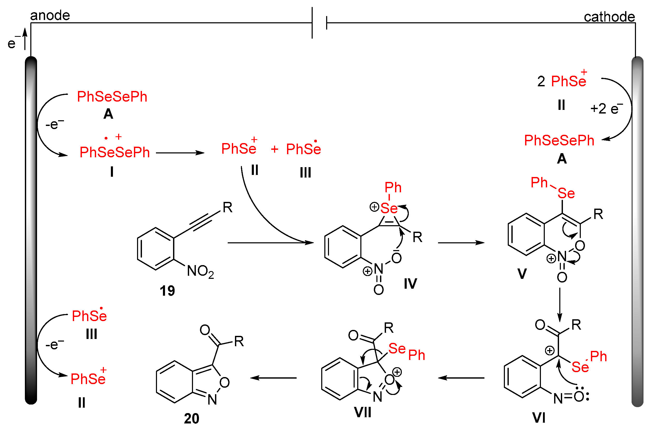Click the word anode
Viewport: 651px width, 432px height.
point(50,16)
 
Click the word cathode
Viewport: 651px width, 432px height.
point(609,17)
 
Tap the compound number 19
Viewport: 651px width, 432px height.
point(167,291)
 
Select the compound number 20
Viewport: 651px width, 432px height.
point(191,419)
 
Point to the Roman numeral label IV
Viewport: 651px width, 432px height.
point(410,284)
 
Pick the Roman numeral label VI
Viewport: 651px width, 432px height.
point(539,418)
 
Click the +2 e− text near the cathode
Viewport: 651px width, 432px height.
point(606,109)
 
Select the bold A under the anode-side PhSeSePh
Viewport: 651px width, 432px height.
point(108,114)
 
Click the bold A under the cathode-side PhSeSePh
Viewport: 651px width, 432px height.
point(562,159)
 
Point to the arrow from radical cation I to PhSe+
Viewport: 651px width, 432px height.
point(180,153)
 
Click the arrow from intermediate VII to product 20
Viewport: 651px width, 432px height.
point(273,378)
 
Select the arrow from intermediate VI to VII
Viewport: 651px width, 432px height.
point(461,378)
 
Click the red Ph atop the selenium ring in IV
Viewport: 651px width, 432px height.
point(393,188)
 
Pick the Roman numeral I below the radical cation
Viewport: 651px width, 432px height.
point(112,172)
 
